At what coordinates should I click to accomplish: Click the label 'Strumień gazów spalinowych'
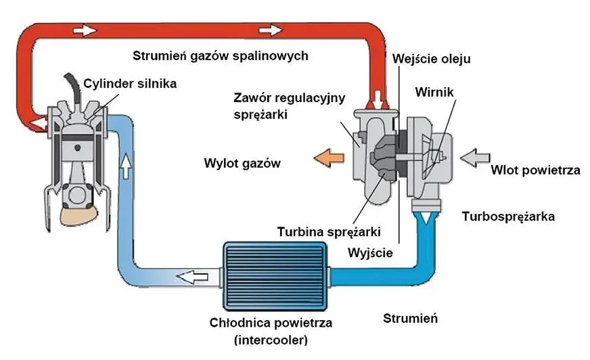[221, 56]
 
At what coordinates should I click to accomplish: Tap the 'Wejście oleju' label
[432, 59]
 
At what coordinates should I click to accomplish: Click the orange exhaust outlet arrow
[325, 158]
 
